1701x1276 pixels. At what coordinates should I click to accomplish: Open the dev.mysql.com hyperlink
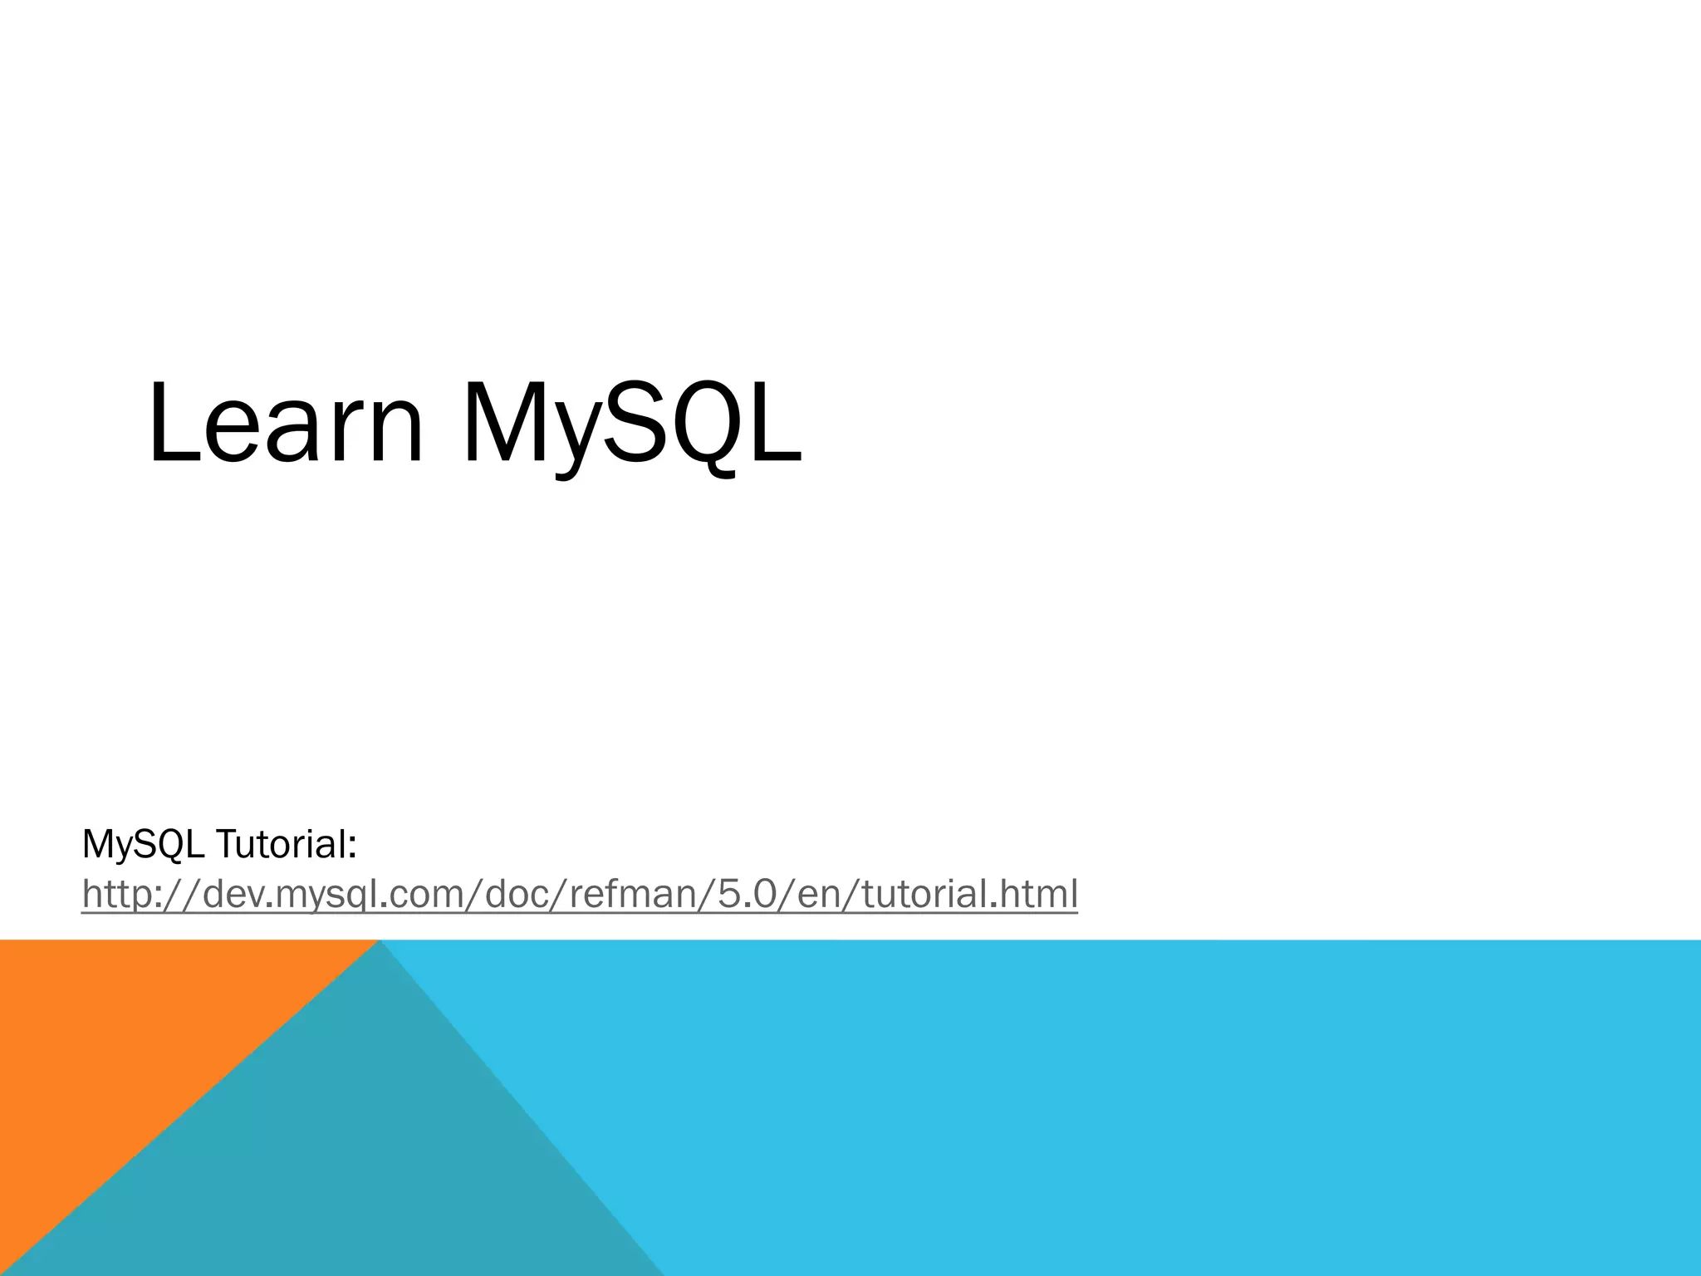coord(579,894)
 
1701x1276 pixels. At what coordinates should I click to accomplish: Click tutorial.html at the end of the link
coord(969,894)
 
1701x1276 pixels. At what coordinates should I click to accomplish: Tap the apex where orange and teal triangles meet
coord(379,941)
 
